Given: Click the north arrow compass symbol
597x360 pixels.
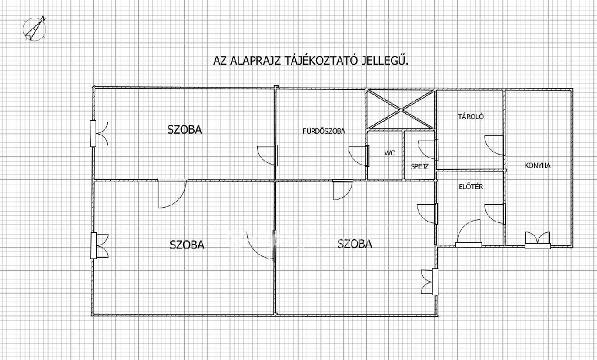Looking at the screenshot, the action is tap(34, 29).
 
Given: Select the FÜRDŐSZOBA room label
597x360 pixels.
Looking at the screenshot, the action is tap(324, 131).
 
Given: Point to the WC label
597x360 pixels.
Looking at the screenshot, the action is tap(390, 153).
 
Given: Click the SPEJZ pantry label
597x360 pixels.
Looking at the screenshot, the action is tap(420, 166).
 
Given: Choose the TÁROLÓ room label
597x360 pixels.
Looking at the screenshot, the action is tap(471, 117).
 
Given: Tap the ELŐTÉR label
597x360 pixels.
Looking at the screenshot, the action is tap(471, 187).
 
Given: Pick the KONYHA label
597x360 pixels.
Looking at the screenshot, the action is tap(538, 166).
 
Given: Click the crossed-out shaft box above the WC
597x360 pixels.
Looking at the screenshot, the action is tap(401, 109).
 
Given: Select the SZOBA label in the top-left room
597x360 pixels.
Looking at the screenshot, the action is tap(185, 130).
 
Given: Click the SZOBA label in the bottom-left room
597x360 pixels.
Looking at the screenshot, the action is tap(187, 244).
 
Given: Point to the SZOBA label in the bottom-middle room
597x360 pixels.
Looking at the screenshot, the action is tap(355, 243).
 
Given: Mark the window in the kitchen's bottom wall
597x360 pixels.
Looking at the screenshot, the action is tap(538, 241).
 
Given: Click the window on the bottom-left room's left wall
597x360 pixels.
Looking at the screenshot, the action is tap(94, 246).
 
